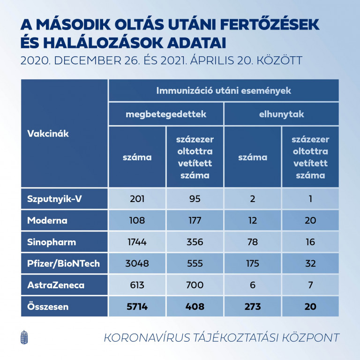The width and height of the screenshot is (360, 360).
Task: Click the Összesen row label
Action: point(47,307)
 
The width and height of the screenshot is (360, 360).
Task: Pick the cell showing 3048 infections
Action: point(137,263)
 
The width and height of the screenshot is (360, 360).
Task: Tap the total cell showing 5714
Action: point(137,307)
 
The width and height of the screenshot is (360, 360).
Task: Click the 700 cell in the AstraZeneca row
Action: point(195,285)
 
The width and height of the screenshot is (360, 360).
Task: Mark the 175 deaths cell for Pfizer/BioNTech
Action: point(252,263)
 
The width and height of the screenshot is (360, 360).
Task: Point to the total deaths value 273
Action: point(252,307)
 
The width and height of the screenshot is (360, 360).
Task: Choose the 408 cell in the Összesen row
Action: point(195,307)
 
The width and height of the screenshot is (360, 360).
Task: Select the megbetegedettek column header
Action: point(166,114)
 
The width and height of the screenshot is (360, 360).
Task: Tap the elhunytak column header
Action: point(281,114)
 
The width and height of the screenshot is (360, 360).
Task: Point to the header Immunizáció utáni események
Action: point(224,90)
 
